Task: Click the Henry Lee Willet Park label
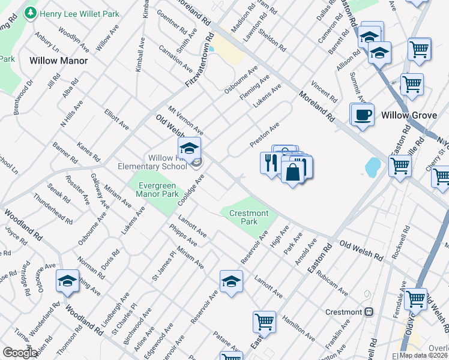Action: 76,12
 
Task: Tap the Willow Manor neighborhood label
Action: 58,61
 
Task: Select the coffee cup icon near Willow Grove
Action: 362,115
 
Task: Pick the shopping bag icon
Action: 292,172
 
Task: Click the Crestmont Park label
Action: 244,217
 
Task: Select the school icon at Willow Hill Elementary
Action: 189,148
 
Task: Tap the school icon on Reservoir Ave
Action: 231,282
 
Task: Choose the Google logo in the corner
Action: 20,353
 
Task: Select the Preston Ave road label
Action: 265,135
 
